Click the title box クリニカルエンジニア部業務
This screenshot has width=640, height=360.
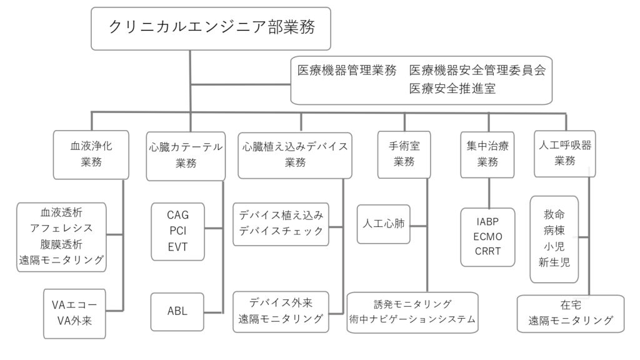211,29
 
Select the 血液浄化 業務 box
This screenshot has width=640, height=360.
91,155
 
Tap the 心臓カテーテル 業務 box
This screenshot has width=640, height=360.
186,156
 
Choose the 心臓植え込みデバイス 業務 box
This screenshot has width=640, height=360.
295,155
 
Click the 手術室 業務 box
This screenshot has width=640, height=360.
404,154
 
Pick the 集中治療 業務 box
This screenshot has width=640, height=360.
487,154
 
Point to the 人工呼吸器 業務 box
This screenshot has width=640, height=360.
565,154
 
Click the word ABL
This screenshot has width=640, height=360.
177,311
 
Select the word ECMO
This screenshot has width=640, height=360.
487,237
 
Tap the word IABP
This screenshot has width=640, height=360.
487,222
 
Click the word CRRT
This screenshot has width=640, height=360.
487,251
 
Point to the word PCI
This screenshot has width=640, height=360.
177,231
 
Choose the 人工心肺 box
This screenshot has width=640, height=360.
384,224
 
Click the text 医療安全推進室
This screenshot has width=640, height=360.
452,88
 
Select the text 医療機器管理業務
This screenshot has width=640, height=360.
347,70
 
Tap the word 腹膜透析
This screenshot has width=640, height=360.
61,244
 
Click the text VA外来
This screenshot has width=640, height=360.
74,321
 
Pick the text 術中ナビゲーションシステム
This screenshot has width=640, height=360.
412,319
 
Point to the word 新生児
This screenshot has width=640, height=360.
554,262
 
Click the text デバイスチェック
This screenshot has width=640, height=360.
281,231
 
